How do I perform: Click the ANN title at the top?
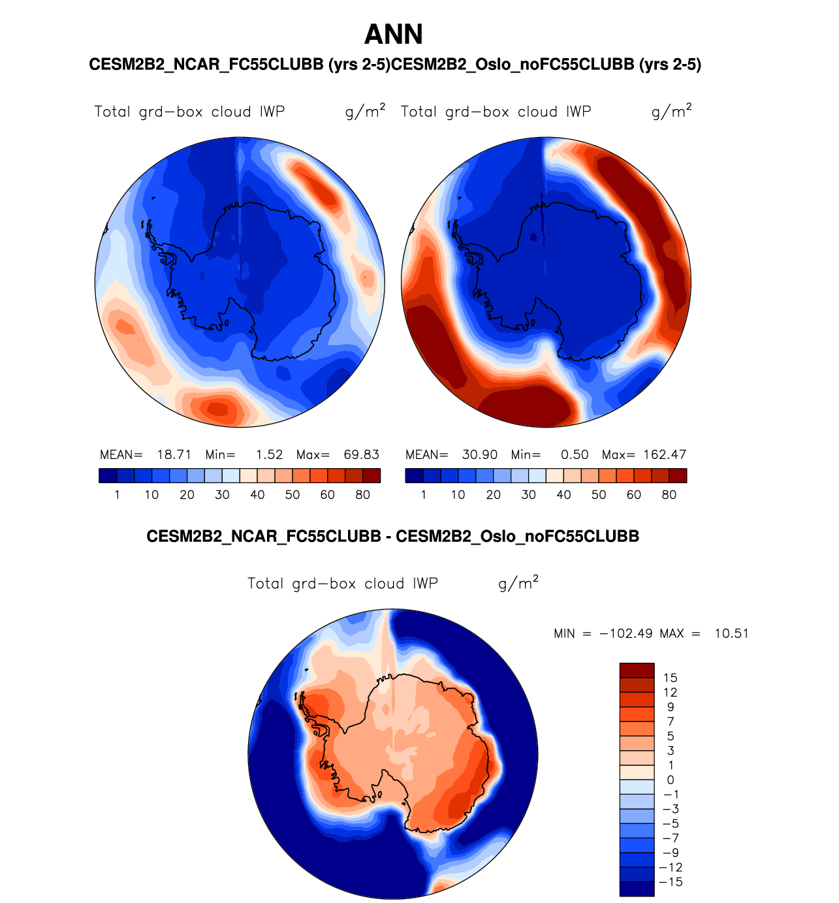pos(393,35)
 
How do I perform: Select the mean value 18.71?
pos(174,454)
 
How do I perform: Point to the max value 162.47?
pos(663,454)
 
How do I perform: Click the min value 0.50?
pos(575,454)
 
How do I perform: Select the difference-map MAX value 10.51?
pos(731,633)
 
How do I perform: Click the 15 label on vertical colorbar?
pos(671,678)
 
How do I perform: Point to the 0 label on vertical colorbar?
pos(671,780)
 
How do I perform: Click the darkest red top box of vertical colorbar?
pos(637,671)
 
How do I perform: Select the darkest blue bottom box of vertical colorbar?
pos(637,889)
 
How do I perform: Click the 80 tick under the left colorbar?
pos(362,495)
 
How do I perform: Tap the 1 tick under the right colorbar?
pos(424,495)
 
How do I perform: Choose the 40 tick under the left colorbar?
pos(257,495)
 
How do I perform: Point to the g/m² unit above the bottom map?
pos(518,582)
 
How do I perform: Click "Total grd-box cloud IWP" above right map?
pos(496,112)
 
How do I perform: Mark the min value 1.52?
pos(269,454)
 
